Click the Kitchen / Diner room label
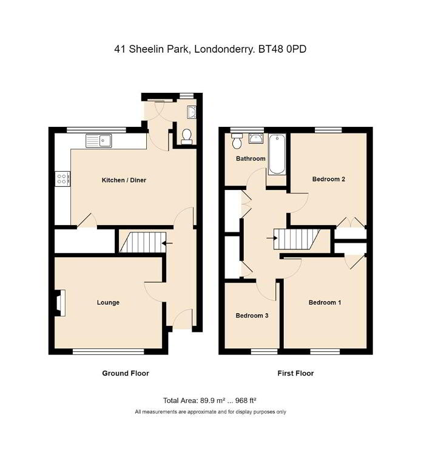(x=124, y=180)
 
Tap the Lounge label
(x=108, y=303)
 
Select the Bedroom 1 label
(x=325, y=303)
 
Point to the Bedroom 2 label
(x=329, y=179)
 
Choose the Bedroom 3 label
(x=252, y=316)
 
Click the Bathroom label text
(x=251, y=159)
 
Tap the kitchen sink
(x=99, y=141)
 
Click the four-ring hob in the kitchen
(x=62, y=178)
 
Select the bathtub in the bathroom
(x=277, y=154)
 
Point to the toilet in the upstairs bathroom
(x=237, y=141)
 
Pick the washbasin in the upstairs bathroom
(x=256, y=138)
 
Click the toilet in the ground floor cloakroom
(x=187, y=137)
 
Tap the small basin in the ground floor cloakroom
(x=192, y=112)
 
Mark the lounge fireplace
(x=60, y=303)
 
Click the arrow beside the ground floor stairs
(x=167, y=243)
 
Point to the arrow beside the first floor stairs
(x=272, y=238)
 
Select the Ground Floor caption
(x=126, y=373)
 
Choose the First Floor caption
(x=295, y=373)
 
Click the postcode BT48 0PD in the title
(x=282, y=49)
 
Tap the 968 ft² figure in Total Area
(x=246, y=400)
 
